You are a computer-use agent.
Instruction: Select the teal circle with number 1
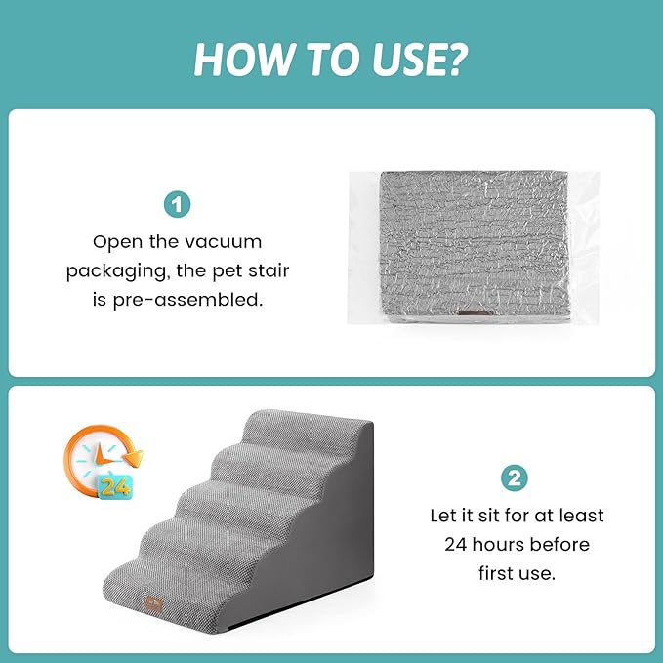coord(177,205)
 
